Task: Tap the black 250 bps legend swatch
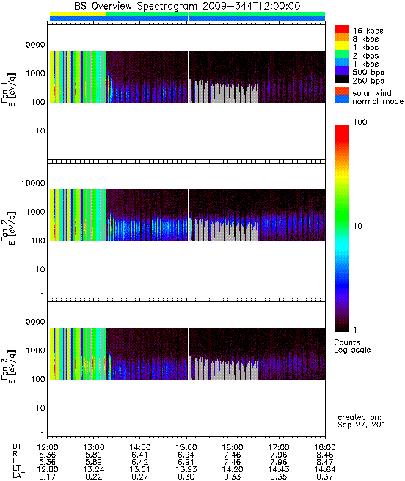[x=342, y=79]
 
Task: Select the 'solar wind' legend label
[x=372, y=93]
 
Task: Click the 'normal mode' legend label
[x=378, y=101]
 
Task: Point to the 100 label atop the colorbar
[x=360, y=122]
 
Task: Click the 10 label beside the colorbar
[x=358, y=226]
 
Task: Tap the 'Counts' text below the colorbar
[x=346, y=342]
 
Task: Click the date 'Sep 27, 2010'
[x=364, y=425]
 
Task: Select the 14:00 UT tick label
[x=139, y=447]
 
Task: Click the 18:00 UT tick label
[x=325, y=447]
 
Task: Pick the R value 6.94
[x=186, y=455]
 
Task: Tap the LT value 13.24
[x=93, y=470]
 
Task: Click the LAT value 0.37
[x=325, y=477]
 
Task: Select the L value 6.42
[x=139, y=462]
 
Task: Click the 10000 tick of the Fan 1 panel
[x=33, y=45]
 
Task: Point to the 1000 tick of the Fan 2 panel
[x=35, y=212]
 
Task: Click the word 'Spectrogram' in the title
[x=167, y=6]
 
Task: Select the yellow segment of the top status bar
[x=78, y=14]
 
